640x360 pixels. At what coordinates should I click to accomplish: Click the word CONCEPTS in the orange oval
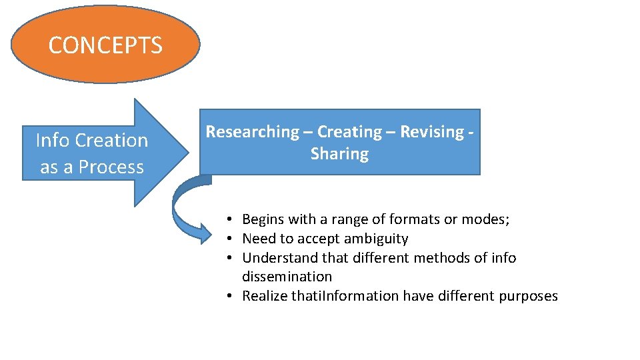coord(105,45)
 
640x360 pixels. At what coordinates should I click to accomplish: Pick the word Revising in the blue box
coord(431,132)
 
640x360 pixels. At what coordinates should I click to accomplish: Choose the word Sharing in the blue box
coord(339,154)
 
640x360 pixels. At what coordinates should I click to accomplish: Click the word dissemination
coord(287,276)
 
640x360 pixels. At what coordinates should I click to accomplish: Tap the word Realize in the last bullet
coord(265,295)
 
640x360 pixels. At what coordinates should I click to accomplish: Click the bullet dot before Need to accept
coord(228,239)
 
